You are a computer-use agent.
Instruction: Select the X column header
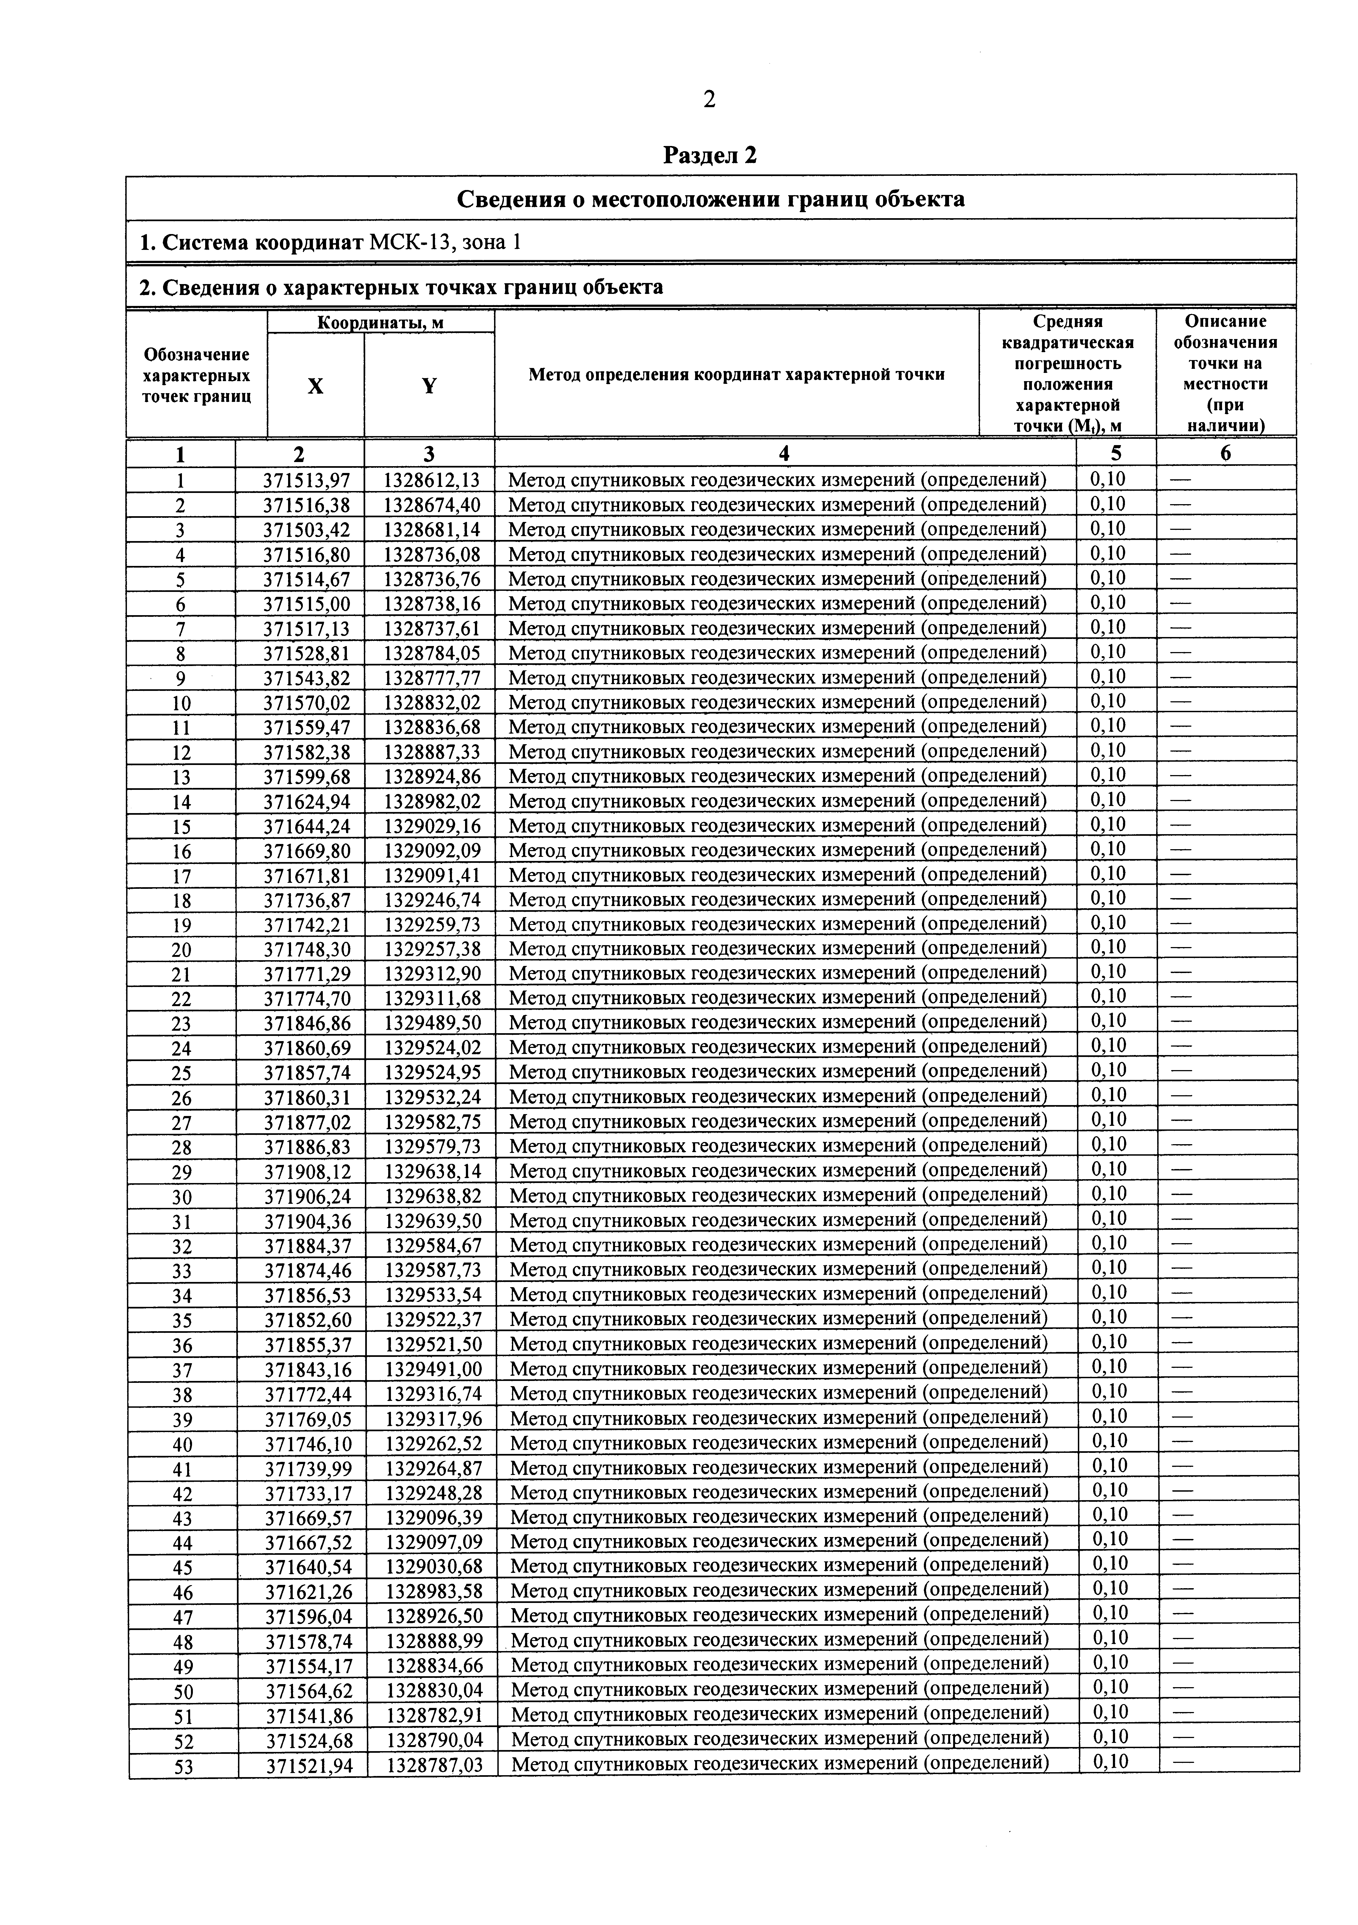click(315, 386)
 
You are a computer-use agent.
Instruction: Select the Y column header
click(429, 386)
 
